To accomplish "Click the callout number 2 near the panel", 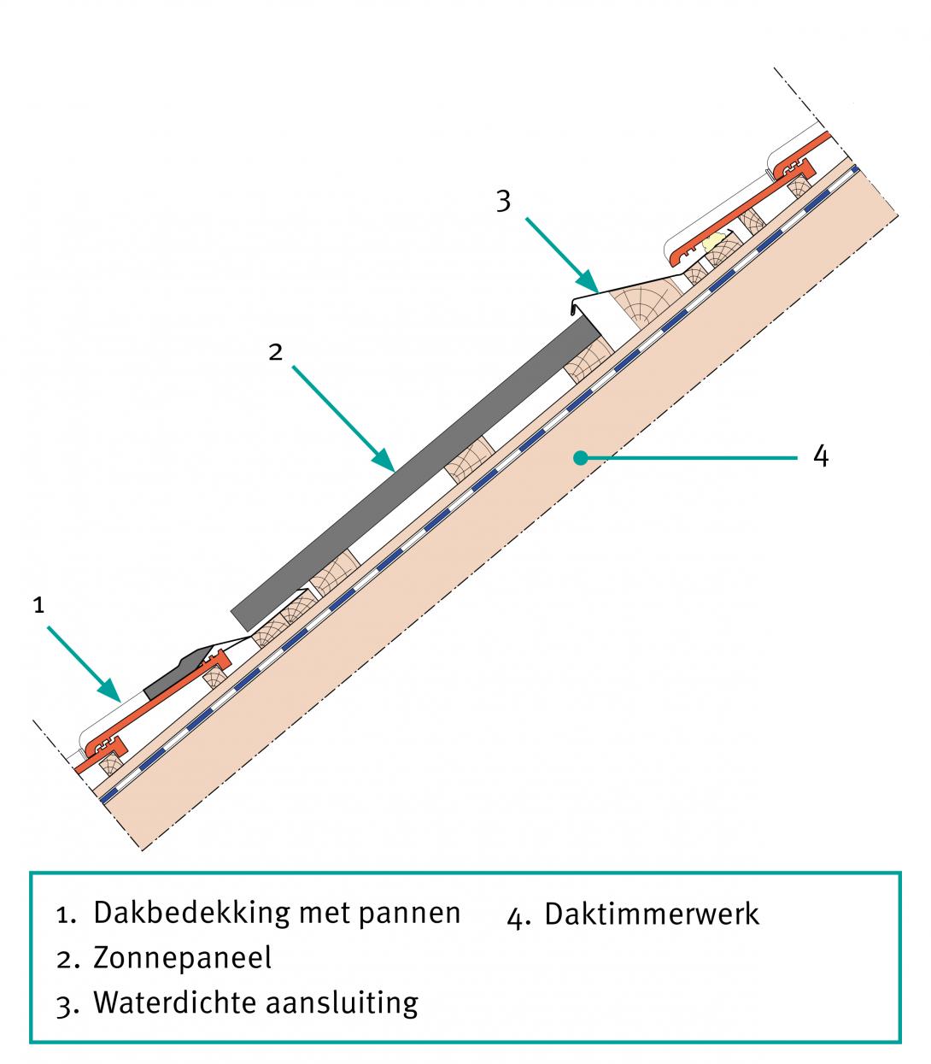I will (275, 352).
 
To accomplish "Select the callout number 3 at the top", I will (504, 202).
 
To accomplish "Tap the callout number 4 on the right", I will (820, 456).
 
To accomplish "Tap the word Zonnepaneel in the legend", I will (182, 958).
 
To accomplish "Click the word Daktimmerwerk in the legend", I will (651, 914).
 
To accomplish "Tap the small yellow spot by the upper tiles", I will (718, 239).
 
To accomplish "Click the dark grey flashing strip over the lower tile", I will (184, 671).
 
